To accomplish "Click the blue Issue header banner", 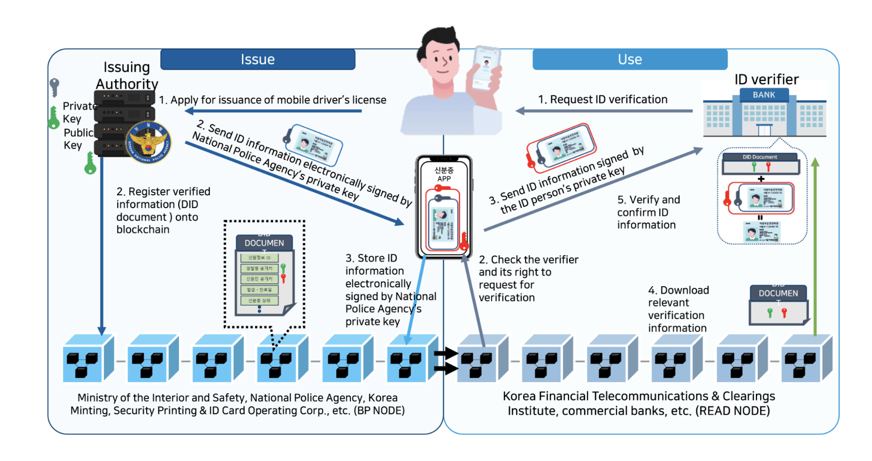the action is click(257, 60).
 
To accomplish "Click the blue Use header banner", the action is click(630, 60).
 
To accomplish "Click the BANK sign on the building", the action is click(764, 95).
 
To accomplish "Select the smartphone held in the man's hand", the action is click(485, 68).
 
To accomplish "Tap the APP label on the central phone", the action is click(444, 179).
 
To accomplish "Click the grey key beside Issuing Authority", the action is click(54, 87).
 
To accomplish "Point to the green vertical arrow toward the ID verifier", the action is click(815, 247).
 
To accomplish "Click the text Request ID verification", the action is click(603, 100).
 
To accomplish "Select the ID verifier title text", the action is click(766, 79).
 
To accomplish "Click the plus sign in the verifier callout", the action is click(761, 179).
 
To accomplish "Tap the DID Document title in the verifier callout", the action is click(760, 157).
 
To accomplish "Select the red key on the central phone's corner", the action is click(464, 241).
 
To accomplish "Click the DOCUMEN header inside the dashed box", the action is click(264, 243).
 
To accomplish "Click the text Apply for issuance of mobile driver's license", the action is click(273, 100).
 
